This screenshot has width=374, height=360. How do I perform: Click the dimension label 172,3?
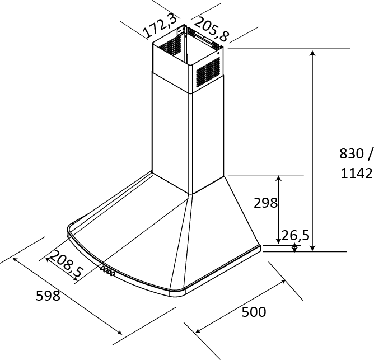click(x=161, y=26)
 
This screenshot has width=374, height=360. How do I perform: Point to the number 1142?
click(x=357, y=174)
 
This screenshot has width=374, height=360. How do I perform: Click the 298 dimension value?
click(x=265, y=203)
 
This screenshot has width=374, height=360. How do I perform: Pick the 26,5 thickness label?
click(x=296, y=235)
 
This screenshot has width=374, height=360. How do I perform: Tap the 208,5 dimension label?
click(x=66, y=265)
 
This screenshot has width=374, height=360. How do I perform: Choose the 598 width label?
click(x=48, y=296)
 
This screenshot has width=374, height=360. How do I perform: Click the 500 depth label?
click(x=254, y=312)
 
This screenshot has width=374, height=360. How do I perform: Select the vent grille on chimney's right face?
click(x=208, y=73)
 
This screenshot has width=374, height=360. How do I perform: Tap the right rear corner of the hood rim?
click(x=260, y=246)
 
